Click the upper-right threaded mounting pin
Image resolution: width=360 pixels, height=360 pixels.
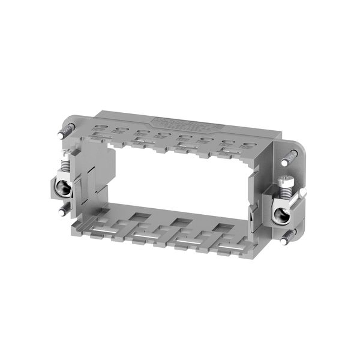point(290,157)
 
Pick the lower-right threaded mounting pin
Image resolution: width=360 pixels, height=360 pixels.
point(286,239)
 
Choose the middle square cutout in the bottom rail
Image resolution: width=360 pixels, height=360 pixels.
point(179,221)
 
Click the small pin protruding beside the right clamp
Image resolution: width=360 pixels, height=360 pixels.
point(303,192)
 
